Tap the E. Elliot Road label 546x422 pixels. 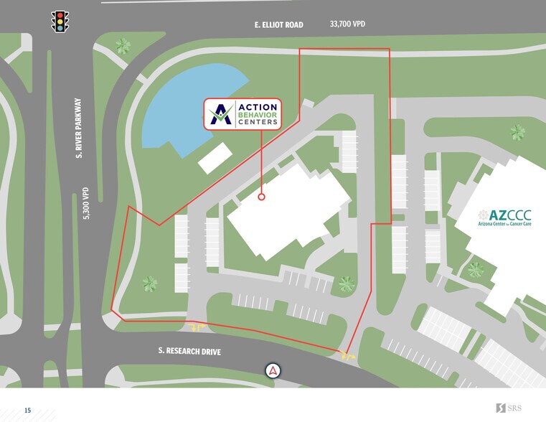coord(278,25)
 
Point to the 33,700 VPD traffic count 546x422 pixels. coord(347,24)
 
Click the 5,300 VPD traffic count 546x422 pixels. coord(85,203)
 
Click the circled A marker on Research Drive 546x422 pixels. coord(273,370)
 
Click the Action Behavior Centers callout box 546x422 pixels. coord(243,114)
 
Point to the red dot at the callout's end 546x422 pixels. coord(261,196)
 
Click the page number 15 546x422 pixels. coord(28,411)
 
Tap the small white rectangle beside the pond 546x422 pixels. coord(216,158)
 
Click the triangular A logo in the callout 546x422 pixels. coord(221,115)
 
